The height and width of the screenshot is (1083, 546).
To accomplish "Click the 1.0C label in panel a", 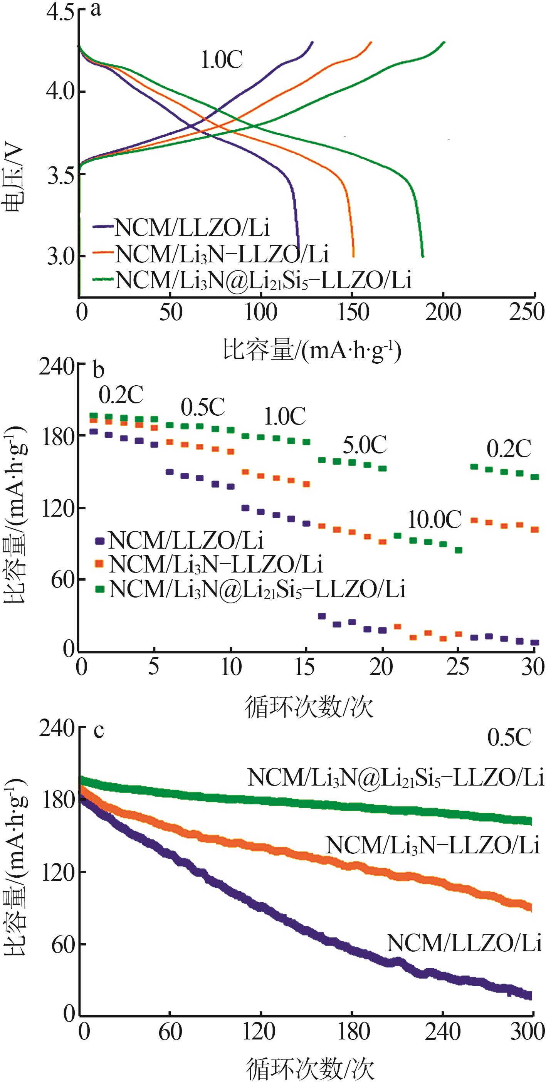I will pos(222,60).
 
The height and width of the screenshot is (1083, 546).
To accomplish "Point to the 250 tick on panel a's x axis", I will pos(527,312).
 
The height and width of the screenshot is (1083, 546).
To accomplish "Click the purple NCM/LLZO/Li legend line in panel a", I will pos(103,226).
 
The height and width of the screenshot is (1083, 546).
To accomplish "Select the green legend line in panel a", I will pos(103,278).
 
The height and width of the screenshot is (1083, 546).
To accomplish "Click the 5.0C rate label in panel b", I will pos(365,445).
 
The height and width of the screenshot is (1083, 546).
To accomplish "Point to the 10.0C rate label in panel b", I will pos(434,520).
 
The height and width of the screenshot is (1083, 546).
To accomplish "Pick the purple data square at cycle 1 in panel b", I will pos(94,432).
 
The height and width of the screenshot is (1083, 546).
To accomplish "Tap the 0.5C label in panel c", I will pos(509,737).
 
